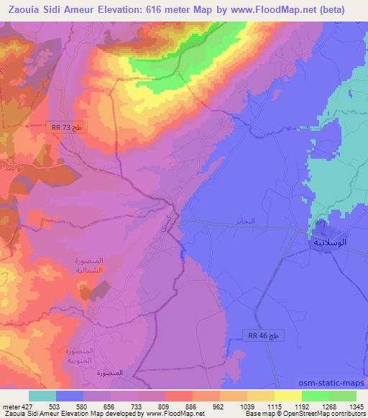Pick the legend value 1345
point(356,406)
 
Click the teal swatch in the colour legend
point(42,396)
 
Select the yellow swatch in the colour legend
point(288,396)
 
